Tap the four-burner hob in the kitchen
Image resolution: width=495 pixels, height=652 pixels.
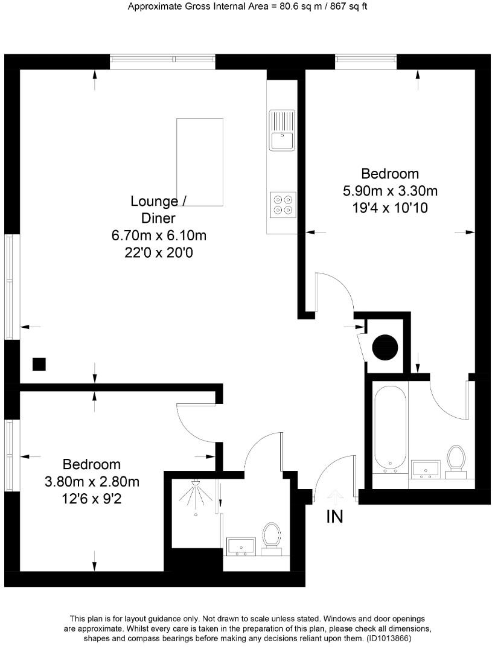pyautogui.click(x=283, y=204)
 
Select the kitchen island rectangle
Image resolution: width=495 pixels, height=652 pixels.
pyautogui.click(x=199, y=162)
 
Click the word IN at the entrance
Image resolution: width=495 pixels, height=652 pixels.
pyautogui.click(x=334, y=517)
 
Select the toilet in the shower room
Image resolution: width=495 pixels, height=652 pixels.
pyautogui.click(x=272, y=535)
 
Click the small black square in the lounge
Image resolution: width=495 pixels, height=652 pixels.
pyautogui.click(x=39, y=364)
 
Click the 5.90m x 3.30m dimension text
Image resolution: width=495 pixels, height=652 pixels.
pyautogui.click(x=389, y=191)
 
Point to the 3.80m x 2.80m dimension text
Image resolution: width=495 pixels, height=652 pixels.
pyautogui.click(x=92, y=482)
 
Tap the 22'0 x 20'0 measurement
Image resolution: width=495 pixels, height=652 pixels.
pyautogui.click(x=163, y=252)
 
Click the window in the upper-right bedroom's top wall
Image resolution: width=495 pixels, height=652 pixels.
pyautogui.click(x=366, y=59)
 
